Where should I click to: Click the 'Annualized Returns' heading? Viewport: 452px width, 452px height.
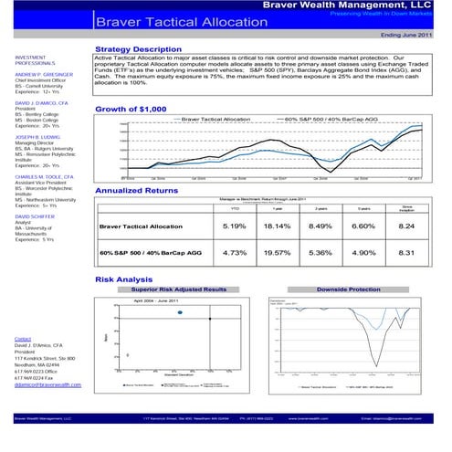click(x=137, y=190)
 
